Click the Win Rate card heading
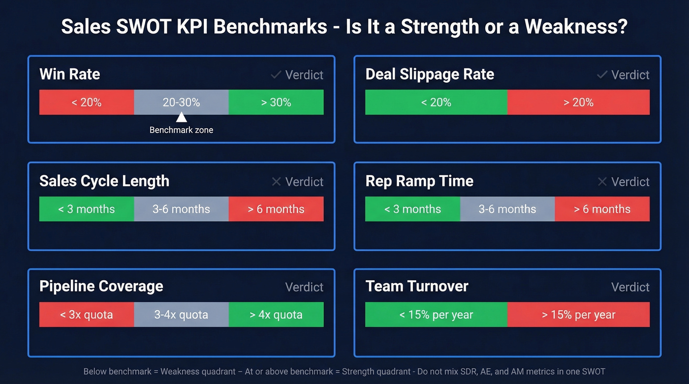pos(69,74)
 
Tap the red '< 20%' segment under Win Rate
pos(87,102)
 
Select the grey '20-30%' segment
pos(181,102)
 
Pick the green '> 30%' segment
pos(276,102)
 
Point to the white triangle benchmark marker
pos(181,117)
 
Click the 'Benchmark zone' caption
pos(181,130)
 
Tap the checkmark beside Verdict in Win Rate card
pos(276,75)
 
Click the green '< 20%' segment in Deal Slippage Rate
pos(436,102)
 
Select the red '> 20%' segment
pos(578,102)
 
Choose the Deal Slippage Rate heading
pos(429,74)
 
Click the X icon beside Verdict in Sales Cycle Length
pos(276,181)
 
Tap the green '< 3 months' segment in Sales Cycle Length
pos(87,209)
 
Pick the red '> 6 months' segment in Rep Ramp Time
pos(602,209)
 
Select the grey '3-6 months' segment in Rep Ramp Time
pos(507,209)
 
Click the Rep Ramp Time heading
pos(419,181)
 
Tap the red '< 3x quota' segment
pos(87,315)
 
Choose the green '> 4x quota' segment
pos(276,315)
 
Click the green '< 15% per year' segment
pos(436,315)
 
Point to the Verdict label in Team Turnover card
pos(630,287)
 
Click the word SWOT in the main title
pos(145,27)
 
